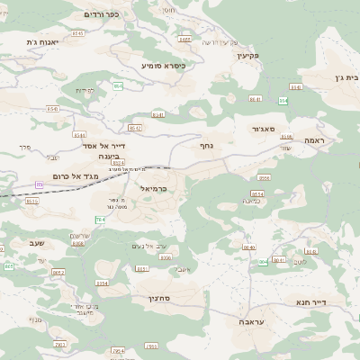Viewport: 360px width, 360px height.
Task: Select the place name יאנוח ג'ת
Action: (x=43, y=42)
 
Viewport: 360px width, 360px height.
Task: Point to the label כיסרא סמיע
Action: (x=162, y=66)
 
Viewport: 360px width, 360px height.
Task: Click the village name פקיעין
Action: (x=247, y=56)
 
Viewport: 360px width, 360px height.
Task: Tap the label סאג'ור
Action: (x=256, y=130)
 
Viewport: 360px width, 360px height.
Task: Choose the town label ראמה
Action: (x=319, y=140)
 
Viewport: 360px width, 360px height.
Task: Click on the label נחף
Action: (x=205, y=144)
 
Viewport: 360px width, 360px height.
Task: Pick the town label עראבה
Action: (x=252, y=320)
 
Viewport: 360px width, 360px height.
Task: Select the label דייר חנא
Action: (x=336, y=303)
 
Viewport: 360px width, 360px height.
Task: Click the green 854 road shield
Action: (x=257, y=194)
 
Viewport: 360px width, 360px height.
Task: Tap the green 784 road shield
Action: (x=100, y=220)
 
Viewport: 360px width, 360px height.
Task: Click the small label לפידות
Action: (x=85, y=90)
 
